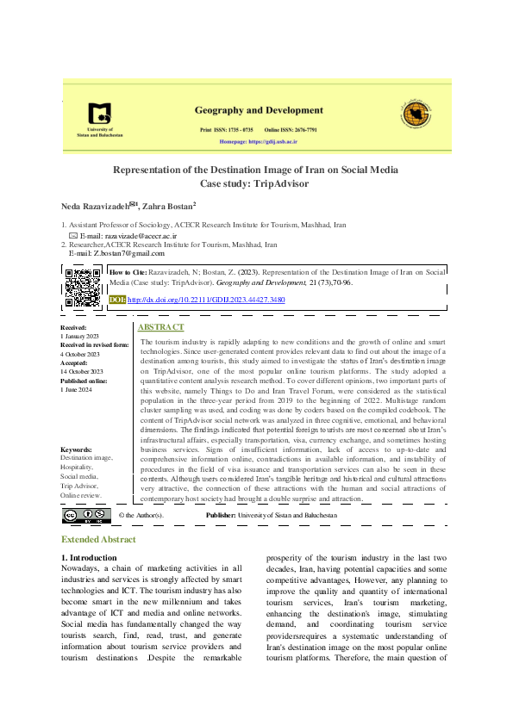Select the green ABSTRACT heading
[x=160, y=328]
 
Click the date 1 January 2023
[x=80, y=336]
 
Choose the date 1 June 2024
[x=76, y=387]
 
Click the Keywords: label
[x=77, y=450]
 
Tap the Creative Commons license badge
[x=85, y=515]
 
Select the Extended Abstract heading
[x=97, y=539]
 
